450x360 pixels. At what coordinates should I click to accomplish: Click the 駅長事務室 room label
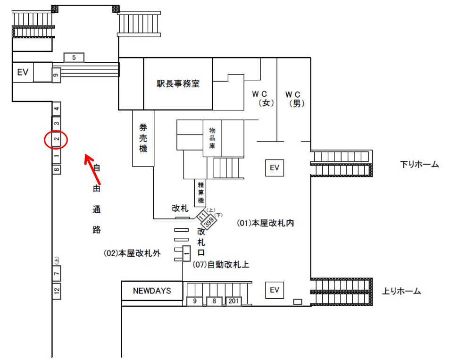point(178,84)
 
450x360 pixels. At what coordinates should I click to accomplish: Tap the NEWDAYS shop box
point(151,291)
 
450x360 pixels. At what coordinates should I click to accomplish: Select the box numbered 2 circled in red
point(56,139)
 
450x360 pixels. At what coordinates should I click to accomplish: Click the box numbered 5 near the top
point(74,58)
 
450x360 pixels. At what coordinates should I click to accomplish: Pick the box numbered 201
point(233,301)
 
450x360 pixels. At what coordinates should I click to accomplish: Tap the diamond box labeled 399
point(208,222)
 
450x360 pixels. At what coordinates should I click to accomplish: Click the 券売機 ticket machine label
point(143,138)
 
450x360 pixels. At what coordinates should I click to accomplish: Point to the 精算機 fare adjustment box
point(200,193)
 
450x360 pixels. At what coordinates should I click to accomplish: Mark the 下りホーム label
point(419,165)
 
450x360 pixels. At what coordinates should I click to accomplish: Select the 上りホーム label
point(401,291)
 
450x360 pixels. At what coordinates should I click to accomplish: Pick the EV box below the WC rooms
point(275,167)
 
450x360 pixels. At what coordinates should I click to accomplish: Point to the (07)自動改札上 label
point(221,265)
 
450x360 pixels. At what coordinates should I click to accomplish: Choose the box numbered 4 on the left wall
point(57,109)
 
